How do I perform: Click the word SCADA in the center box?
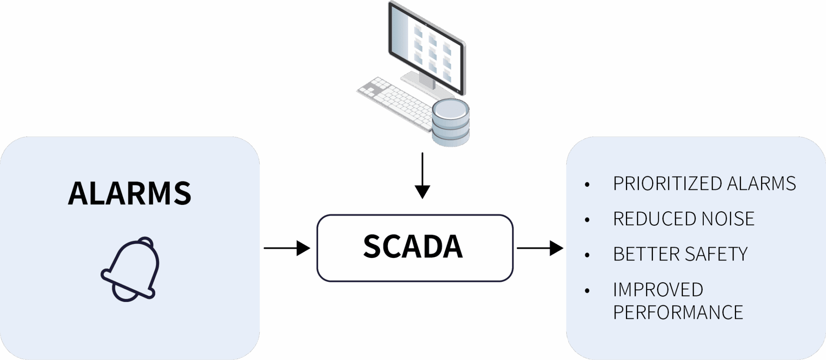[413, 246]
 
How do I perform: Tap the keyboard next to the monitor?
[393, 103]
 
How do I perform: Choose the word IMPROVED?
[658, 290]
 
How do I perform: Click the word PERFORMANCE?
[678, 312]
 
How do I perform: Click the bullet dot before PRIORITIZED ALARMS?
[587, 185]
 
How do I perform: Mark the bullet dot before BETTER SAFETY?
[587, 256]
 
